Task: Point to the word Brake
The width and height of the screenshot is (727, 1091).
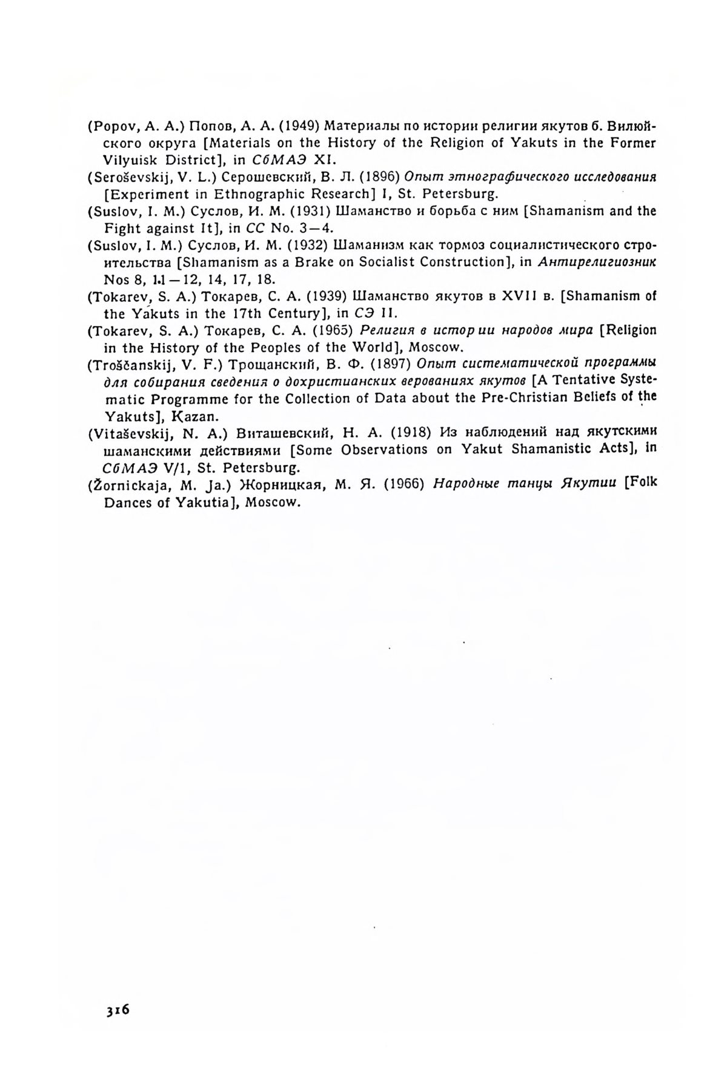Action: pyautogui.click(x=328, y=262)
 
